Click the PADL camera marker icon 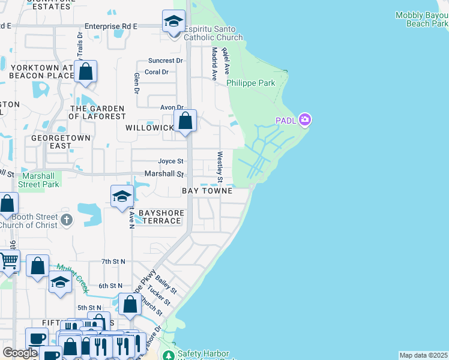coord(305,121)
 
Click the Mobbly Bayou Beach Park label coord(422,19)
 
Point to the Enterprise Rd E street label coord(111,26)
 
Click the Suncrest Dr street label coord(166,61)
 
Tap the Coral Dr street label coord(157,72)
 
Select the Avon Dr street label coord(170,107)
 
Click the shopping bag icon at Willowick coord(186,121)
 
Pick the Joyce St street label coord(170,161)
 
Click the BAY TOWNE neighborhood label coord(207,191)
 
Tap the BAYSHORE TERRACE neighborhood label coord(160,217)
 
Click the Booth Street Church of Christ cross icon coord(66,221)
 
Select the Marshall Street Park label coord(41,180)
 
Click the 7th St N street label coord(113,262)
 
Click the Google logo coord(20,353)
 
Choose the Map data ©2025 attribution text coord(423,355)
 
